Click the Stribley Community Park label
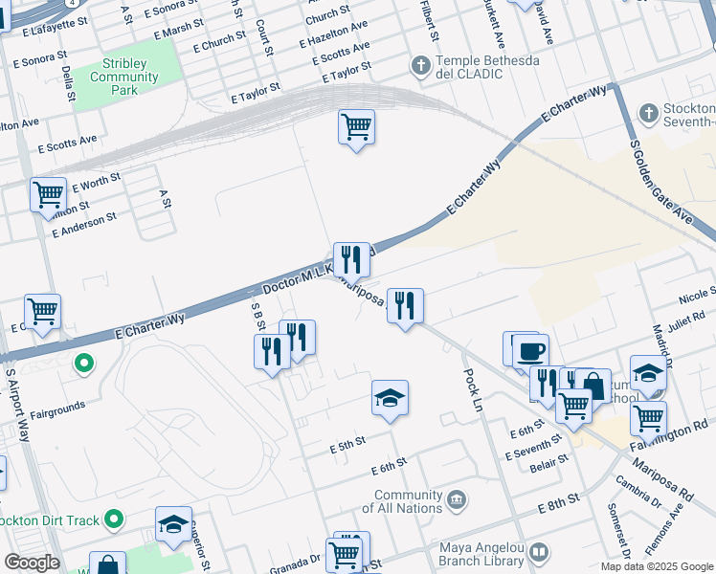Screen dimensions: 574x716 (x=124, y=77)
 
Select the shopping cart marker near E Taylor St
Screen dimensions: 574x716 (x=356, y=126)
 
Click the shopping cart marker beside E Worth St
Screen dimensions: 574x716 (x=48, y=195)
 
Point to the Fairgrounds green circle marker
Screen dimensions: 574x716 (x=84, y=364)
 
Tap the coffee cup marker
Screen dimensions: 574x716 (x=530, y=349)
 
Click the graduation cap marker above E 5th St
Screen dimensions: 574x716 (x=390, y=398)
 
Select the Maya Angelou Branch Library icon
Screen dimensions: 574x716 (x=539, y=553)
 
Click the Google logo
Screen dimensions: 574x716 (x=32, y=563)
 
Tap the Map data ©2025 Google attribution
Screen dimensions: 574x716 (x=656, y=566)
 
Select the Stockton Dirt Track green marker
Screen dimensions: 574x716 (x=114, y=520)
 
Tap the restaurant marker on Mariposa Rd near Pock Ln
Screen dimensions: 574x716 (x=405, y=305)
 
